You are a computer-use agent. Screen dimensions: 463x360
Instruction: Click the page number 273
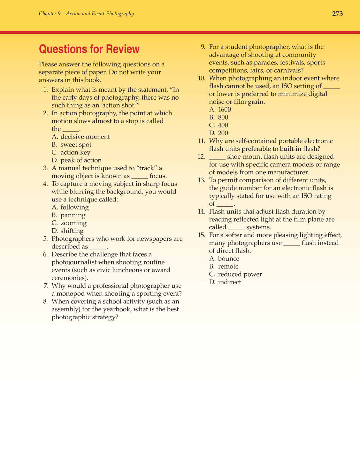tap(337, 14)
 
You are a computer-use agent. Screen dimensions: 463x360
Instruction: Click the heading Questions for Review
tap(89, 49)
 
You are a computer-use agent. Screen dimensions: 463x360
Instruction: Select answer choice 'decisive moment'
tap(85, 137)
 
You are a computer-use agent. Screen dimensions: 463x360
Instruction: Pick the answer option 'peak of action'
tap(81, 160)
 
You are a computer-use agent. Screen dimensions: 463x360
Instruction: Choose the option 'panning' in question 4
tap(73, 215)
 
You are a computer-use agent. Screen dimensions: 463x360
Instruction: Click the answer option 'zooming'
tap(73, 223)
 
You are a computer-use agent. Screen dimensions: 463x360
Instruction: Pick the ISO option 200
tap(223, 133)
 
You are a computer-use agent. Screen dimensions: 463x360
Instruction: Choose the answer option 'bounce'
tap(228, 259)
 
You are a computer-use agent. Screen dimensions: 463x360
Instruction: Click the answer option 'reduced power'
tap(240, 274)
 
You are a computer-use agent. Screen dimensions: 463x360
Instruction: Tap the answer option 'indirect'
tap(229, 282)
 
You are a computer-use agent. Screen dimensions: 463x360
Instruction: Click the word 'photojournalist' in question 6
tap(74, 262)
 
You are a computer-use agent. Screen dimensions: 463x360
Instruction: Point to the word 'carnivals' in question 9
tap(287, 70)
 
